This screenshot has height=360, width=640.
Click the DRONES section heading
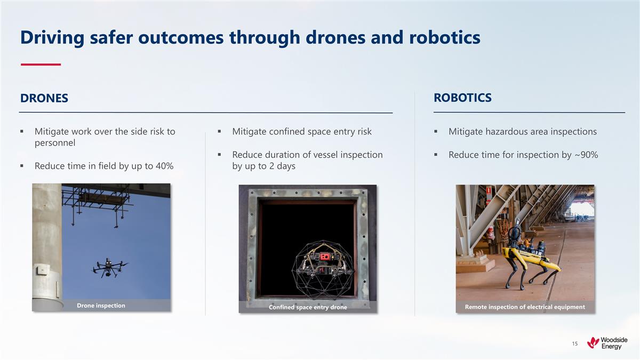(44, 98)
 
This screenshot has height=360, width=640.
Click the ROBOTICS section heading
(462, 98)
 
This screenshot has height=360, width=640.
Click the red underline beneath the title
(41, 65)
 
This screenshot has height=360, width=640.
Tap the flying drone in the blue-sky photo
(110, 267)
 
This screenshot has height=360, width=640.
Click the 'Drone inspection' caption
(101, 306)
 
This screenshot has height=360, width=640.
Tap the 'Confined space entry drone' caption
(308, 307)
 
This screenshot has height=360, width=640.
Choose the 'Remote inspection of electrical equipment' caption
(525, 307)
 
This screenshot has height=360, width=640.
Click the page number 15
(574, 343)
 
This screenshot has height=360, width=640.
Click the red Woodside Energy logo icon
(593, 343)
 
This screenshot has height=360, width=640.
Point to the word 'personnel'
(55, 143)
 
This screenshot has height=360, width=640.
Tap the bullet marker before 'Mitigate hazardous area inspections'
(436, 132)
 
